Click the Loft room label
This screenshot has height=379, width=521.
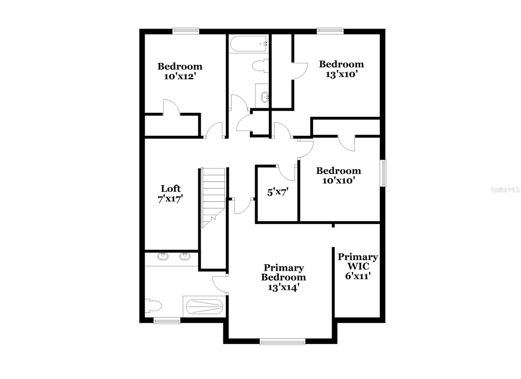tap(171, 188)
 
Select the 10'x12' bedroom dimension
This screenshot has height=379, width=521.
tap(179, 76)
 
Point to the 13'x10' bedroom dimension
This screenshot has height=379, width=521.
tap(341, 74)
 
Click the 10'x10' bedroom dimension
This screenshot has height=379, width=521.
tap(338, 181)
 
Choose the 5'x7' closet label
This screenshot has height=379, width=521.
tap(278, 192)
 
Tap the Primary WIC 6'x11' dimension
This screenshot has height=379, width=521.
tap(358, 276)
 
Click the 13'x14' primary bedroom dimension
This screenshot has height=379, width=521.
tap(283, 287)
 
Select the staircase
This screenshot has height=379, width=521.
tap(213, 198)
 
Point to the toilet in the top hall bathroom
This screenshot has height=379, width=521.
tap(260, 65)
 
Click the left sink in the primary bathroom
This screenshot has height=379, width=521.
tap(162, 256)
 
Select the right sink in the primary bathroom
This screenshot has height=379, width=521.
tap(185, 256)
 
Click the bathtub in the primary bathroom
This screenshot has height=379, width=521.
tap(204, 307)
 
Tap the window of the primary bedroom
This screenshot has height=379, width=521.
tap(282, 342)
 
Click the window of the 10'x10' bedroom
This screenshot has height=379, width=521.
tap(383, 173)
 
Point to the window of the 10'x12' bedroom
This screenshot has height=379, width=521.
tap(186, 31)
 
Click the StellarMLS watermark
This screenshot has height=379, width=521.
tap(505, 190)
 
